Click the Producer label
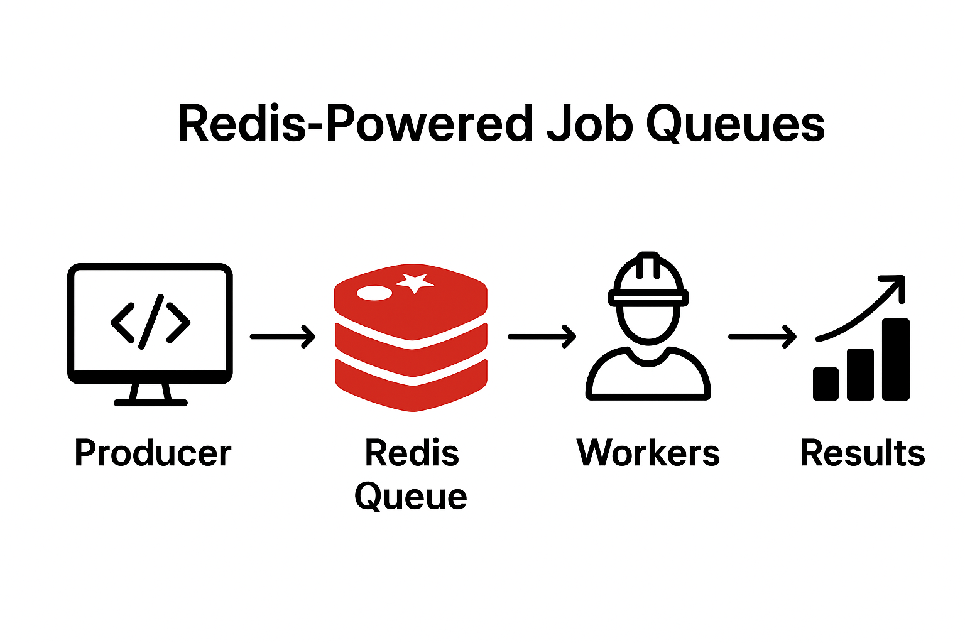click(x=153, y=453)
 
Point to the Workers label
click(x=648, y=453)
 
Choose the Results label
click(x=862, y=453)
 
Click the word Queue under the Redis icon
click(x=410, y=497)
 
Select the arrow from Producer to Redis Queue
click(x=283, y=337)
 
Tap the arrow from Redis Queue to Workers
click(x=542, y=337)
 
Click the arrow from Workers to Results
click(x=762, y=337)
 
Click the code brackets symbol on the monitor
click(x=150, y=322)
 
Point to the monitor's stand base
click(x=150, y=402)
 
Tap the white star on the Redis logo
click(x=415, y=283)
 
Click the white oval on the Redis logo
click(x=374, y=293)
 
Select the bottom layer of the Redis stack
click(x=412, y=385)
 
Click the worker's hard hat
click(x=648, y=280)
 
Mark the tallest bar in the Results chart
click(x=895, y=359)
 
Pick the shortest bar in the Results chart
click(x=826, y=384)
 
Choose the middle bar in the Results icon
click(x=860, y=374)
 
